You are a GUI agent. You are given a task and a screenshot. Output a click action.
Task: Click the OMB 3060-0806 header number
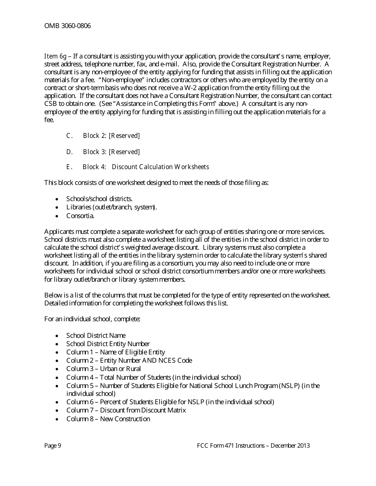(x=67, y=26)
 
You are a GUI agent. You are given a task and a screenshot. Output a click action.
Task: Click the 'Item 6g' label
(x=55, y=56)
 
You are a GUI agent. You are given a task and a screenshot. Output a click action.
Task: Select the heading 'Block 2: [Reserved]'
(x=111, y=136)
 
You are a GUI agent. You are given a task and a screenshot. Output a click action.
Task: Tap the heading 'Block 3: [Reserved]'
(x=111, y=152)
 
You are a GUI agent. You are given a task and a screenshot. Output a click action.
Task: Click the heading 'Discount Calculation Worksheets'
(x=160, y=167)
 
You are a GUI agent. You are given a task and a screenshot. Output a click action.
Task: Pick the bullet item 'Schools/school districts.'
(x=99, y=199)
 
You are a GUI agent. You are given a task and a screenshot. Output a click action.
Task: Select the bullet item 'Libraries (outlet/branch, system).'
(x=112, y=207)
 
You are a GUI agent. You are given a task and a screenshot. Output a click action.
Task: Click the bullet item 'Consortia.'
(x=80, y=216)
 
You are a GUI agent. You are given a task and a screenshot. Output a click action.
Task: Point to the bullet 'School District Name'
(x=96, y=335)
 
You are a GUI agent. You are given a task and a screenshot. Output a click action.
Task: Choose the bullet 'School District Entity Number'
(x=108, y=344)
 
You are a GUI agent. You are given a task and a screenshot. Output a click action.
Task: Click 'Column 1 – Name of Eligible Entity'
(x=116, y=352)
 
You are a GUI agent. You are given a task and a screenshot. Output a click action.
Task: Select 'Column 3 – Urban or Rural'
(x=103, y=369)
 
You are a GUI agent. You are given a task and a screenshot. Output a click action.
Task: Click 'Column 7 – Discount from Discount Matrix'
(x=126, y=410)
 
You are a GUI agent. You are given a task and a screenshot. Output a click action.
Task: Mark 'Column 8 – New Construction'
(x=108, y=419)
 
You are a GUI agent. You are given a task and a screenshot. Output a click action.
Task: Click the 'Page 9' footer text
(x=53, y=446)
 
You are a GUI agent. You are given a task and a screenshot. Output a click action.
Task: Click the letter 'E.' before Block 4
(x=69, y=167)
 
